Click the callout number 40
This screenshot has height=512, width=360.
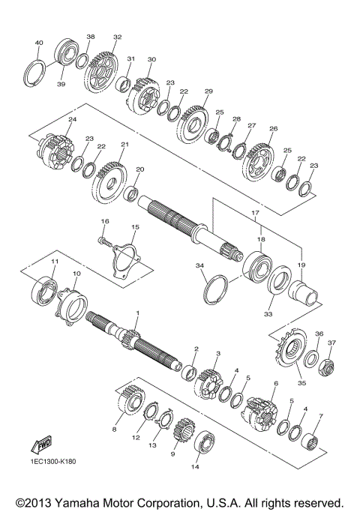(x=39, y=43)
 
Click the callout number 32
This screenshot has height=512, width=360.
(x=117, y=37)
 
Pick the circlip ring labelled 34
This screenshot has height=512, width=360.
(x=216, y=289)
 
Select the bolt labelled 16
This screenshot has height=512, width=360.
(x=106, y=241)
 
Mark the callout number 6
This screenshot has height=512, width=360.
(x=276, y=384)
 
